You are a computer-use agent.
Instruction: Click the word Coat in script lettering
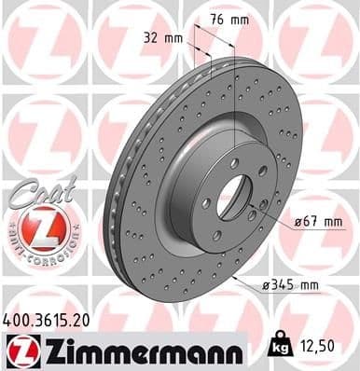click(x=36, y=185)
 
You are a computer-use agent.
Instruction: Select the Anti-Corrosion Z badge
click(x=34, y=229)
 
